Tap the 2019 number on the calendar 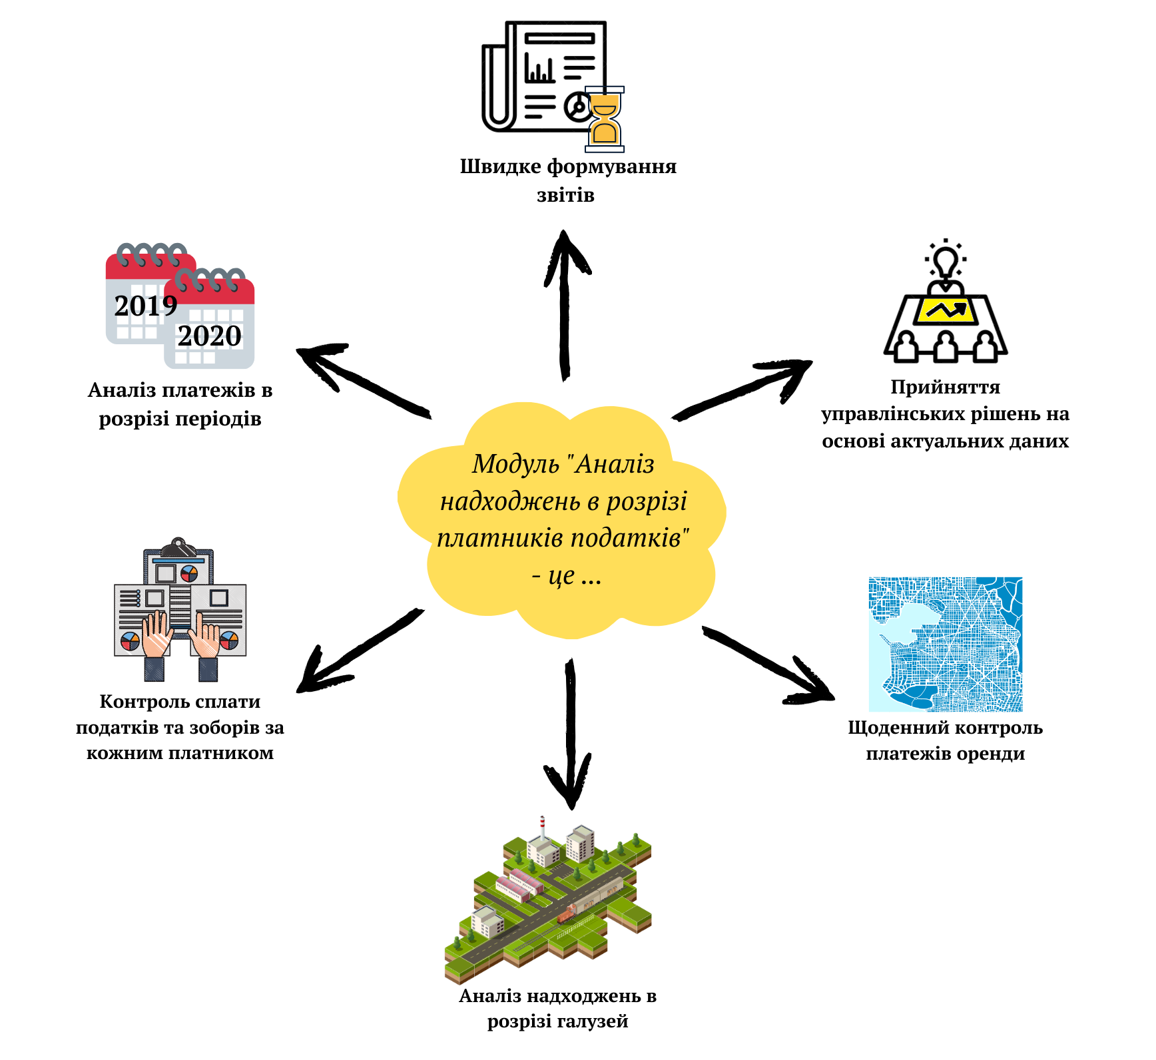[x=146, y=306]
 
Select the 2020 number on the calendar [x=209, y=336]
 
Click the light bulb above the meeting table [x=945, y=262]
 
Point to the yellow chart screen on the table [x=946, y=310]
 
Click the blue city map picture [x=946, y=644]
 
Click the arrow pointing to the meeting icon [x=742, y=390]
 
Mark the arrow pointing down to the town [x=569, y=732]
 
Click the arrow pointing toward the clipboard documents [x=360, y=650]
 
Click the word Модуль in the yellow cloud [x=515, y=464]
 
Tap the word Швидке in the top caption [x=500, y=166]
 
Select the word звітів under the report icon [x=565, y=195]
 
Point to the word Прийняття [x=945, y=387]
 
